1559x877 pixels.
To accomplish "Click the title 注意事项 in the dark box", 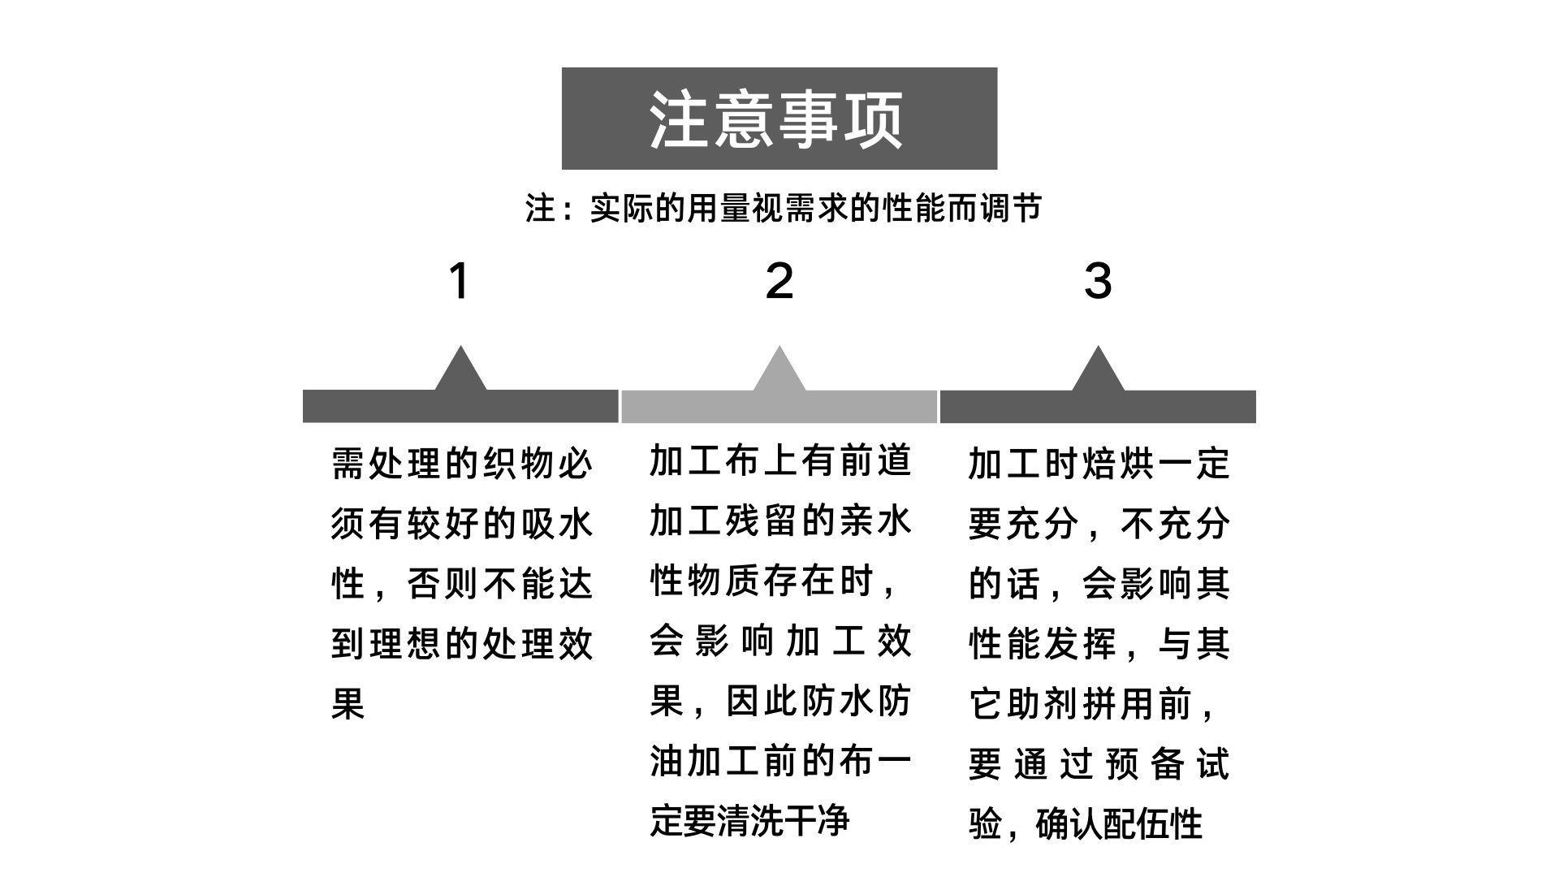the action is click(778, 119).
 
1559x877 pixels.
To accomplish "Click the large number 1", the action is click(460, 281).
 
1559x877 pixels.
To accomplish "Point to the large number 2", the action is click(779, 281).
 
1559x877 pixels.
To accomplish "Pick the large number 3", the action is click(1098, 281).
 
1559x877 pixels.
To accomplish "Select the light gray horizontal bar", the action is click(779, 407).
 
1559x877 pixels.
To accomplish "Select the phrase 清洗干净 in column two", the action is click(784, 821).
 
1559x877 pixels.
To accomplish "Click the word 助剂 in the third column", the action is click(1043, 704).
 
